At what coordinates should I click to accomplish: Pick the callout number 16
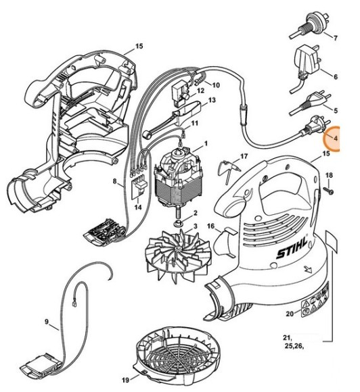coord(210,226)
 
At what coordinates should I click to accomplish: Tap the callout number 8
coord(116,180)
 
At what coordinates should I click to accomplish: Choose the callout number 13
coord(212,101)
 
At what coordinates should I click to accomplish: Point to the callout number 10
coord(217,85)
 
